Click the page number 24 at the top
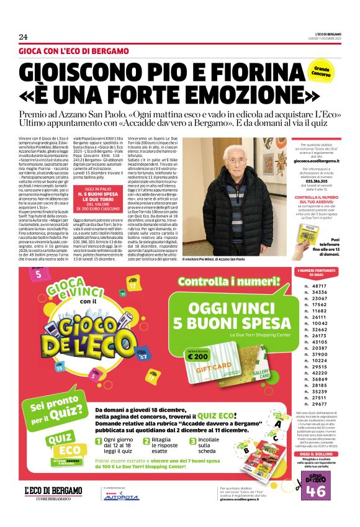coord(24,37)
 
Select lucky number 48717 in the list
coord(320,286)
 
